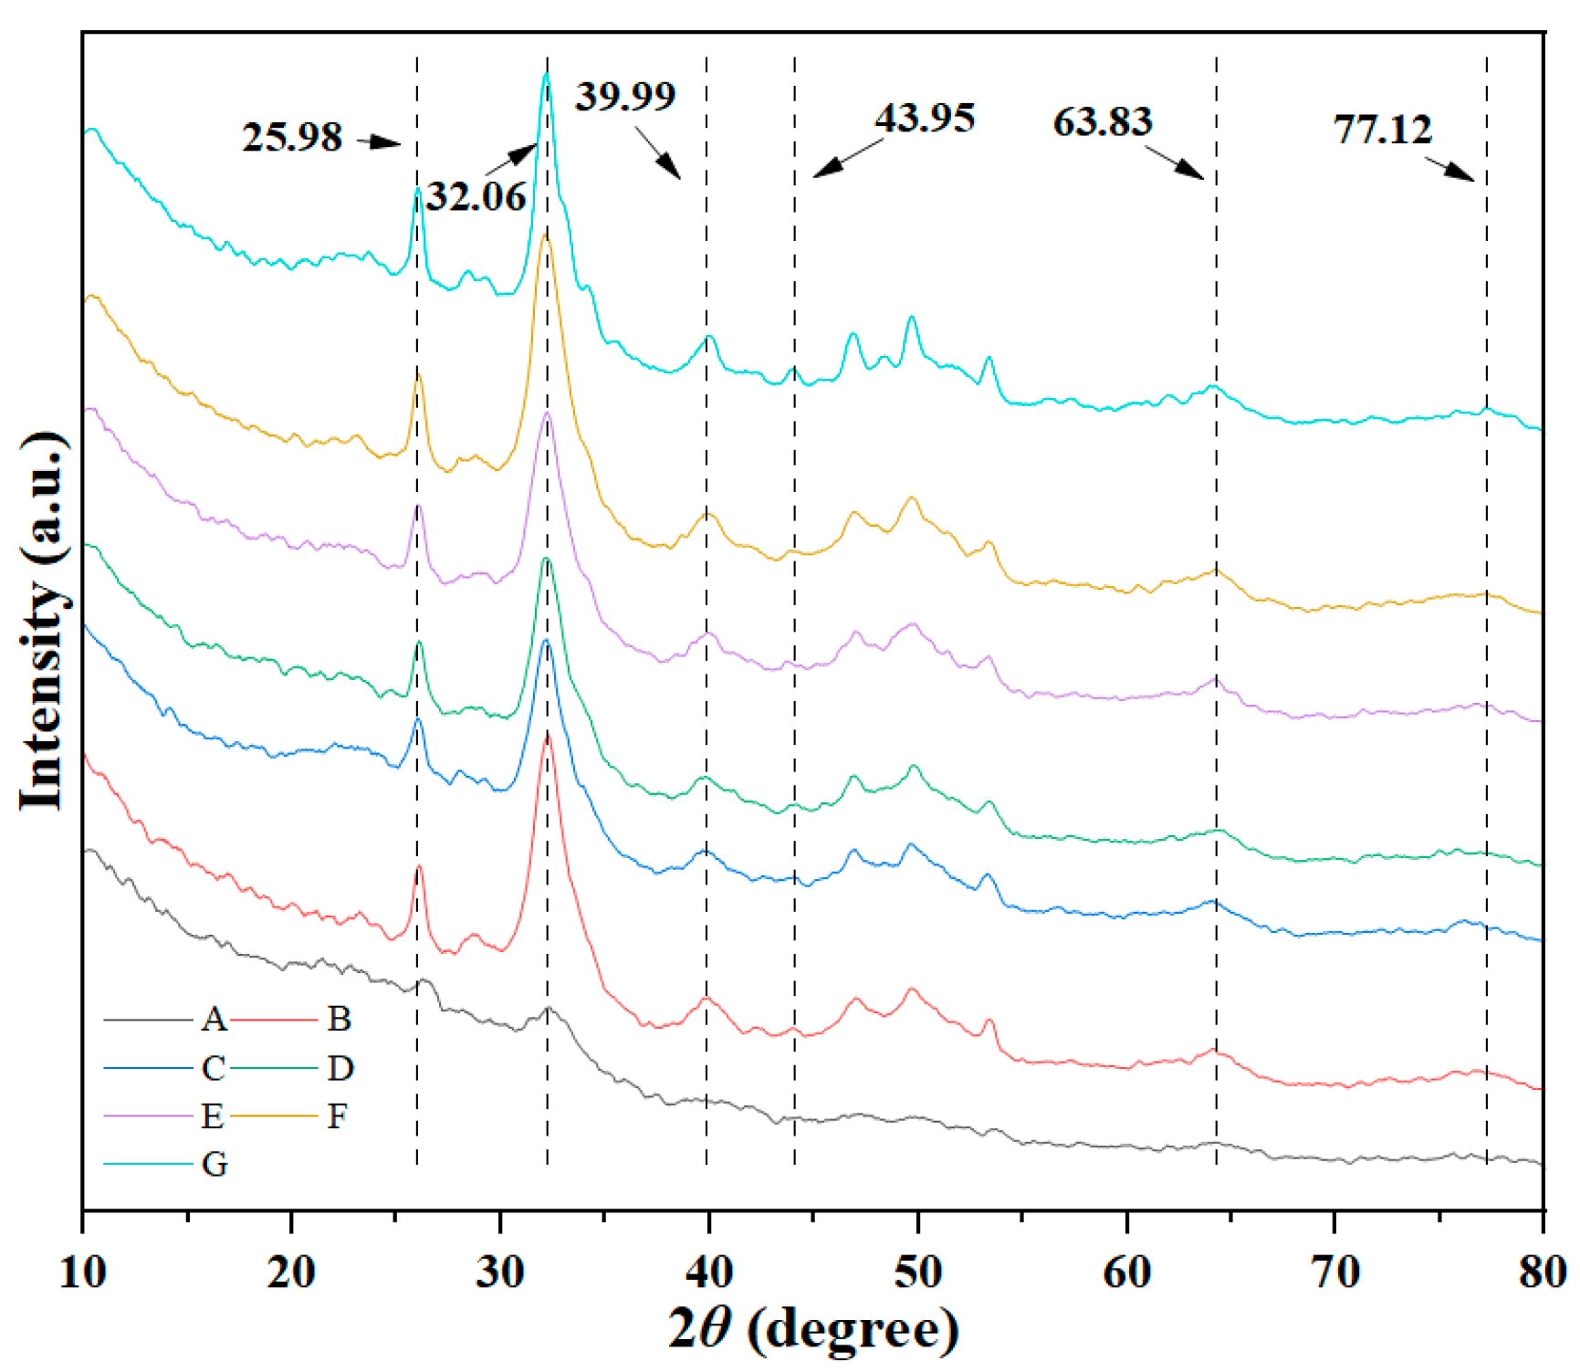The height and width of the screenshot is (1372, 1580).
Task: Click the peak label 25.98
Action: point(292,138)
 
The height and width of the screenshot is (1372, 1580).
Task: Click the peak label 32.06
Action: point(476,197)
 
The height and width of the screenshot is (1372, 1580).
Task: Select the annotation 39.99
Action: point(625,96)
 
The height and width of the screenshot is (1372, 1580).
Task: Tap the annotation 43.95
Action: point(925,119)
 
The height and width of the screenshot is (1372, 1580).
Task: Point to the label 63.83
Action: point(1103,122)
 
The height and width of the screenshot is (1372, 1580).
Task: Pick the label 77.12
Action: point(1383,130)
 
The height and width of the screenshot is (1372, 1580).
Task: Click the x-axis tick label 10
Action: point(83,1272)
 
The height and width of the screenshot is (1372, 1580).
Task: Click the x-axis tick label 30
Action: point(500,1272)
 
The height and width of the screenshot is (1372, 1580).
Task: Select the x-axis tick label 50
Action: point(917,1272)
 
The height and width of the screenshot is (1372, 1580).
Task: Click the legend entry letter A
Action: point(214,1019)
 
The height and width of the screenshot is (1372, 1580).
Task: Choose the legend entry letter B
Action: point(340,1019)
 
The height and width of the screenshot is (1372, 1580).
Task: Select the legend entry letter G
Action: point(215,1164)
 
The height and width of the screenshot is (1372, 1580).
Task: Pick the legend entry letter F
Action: point(338,1115)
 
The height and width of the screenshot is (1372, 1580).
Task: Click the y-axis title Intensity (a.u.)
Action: point(43,621)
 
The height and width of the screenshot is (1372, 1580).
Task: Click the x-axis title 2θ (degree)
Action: point(812,1329)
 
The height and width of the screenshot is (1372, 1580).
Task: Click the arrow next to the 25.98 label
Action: point(379,141)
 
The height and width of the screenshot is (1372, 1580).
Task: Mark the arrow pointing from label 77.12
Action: point(1449,170)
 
